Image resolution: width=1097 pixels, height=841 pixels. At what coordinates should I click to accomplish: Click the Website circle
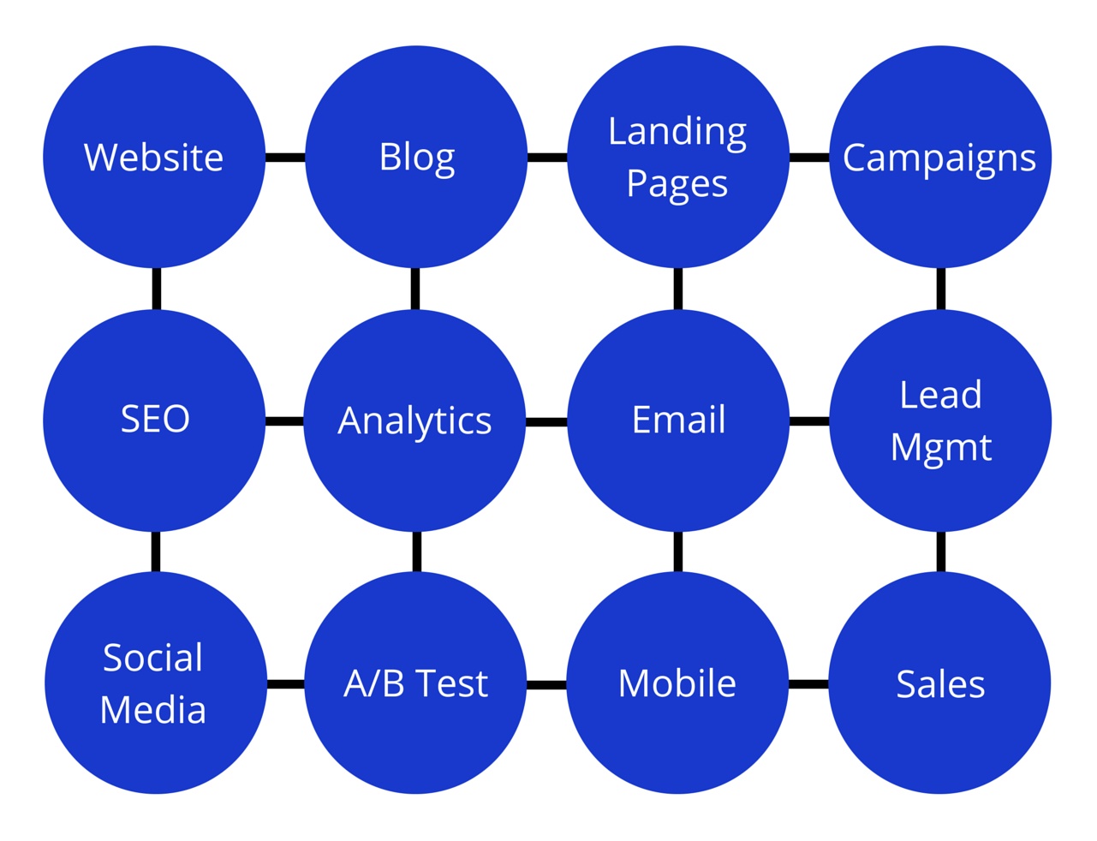154,157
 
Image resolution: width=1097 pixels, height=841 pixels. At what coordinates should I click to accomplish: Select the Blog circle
416,157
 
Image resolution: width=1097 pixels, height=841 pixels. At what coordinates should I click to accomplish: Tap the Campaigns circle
940,157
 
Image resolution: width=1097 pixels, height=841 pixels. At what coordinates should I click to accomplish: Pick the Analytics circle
415,420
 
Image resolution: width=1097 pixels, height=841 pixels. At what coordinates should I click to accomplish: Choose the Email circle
678,420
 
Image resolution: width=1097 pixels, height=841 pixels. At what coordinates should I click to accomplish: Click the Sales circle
940,683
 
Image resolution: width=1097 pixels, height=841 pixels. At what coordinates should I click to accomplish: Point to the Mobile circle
677,683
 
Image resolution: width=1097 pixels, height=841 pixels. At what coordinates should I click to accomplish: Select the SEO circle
154,420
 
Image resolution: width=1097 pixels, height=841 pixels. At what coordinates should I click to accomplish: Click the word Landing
677,132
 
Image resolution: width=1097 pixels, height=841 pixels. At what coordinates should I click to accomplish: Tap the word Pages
677,184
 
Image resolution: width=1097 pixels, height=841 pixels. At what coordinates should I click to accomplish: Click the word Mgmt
941,448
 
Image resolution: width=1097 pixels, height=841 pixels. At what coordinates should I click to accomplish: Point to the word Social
153,658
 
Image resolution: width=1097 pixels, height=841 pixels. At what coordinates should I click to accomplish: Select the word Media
153,710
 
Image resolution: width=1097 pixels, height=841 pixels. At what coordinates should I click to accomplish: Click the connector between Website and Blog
285,158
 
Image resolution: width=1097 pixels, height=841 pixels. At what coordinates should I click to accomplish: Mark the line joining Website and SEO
156,289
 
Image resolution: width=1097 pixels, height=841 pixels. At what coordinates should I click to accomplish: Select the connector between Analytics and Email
546,422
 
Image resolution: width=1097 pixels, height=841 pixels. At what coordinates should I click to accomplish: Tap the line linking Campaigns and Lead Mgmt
941,289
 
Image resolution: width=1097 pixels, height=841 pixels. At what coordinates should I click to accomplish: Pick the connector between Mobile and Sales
808,684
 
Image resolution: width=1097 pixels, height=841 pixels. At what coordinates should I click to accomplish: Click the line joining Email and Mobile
678,552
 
